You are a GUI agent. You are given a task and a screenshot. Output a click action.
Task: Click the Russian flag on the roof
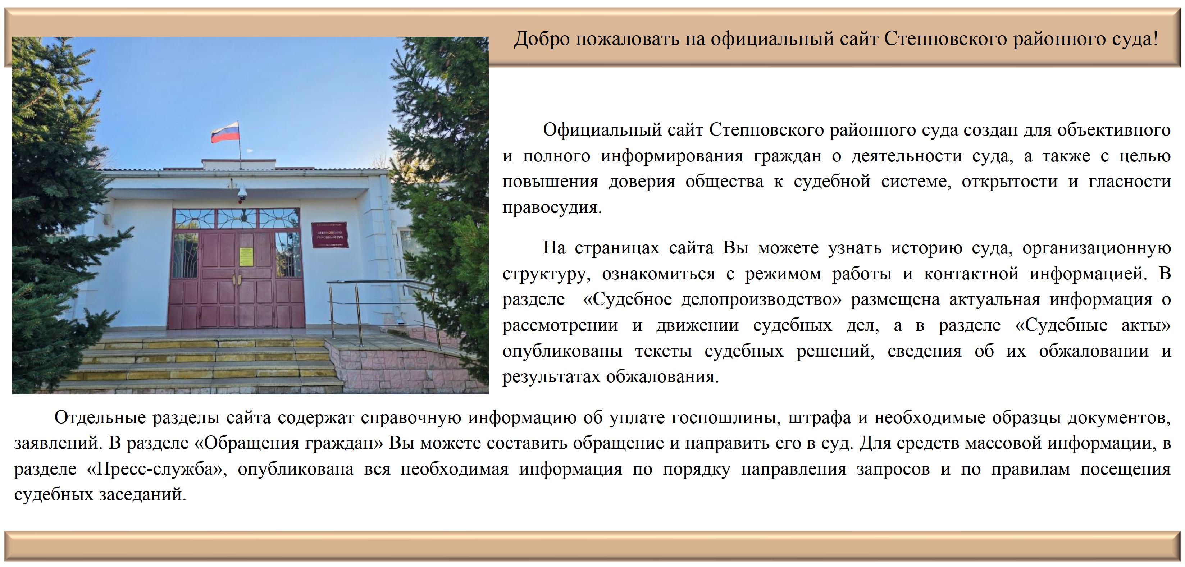coord(225,132)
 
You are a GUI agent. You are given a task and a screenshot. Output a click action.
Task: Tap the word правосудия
coord(552,208)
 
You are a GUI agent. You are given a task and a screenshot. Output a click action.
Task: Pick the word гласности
coord(1130,182)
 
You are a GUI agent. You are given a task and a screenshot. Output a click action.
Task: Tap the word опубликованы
coord(562,352)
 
